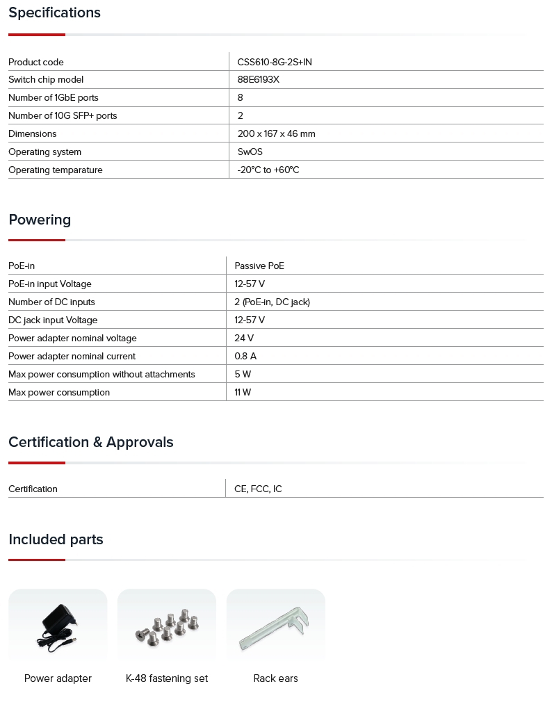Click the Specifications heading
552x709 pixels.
[54, 13]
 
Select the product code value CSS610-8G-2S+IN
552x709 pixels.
[274, 62]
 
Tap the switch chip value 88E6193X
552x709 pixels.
[258, 79]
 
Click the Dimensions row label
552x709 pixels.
[33, 133]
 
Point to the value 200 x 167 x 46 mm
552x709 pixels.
[276, 133]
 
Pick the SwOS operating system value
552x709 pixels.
[250, 152]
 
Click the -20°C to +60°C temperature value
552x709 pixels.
[268, 170]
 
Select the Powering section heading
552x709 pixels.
[40, 220]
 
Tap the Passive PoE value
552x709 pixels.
[259, 266]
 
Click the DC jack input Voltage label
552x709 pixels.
[53, 320]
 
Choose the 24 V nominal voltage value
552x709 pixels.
[244, 338]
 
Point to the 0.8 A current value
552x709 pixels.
[245, 356]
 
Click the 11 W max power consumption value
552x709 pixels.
[243, 392]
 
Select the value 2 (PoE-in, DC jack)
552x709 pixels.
[272, 302]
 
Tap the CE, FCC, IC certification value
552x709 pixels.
[258, 489]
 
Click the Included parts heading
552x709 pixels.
[56, 539]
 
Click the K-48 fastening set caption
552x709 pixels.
[167, 678]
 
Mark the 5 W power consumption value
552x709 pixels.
[243, 374]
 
